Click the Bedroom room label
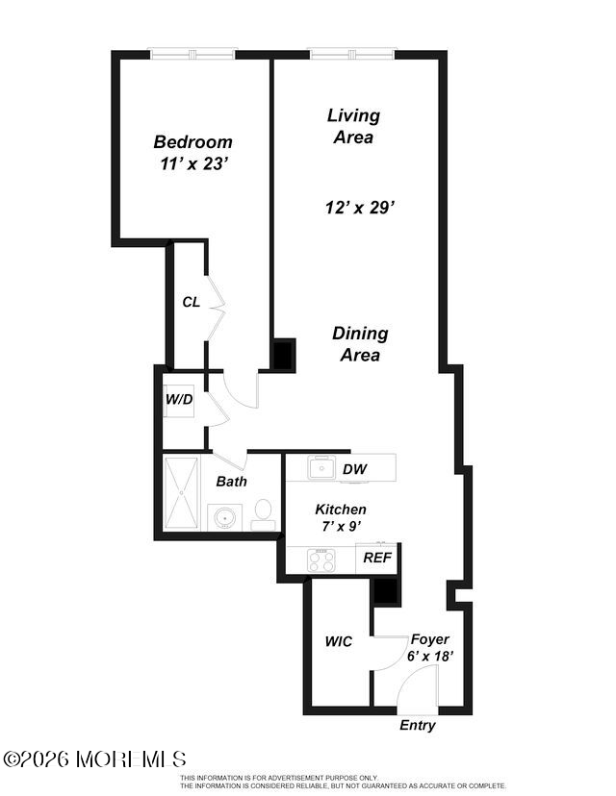coord(193,141)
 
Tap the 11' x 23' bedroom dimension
coord(193,164)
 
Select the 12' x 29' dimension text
coord(360,207)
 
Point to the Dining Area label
coord(360,343)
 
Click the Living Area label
coord(354,126)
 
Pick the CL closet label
coord(192,302)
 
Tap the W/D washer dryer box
coord(178,401)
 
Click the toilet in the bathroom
coord(264,514)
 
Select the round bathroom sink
coord(224,518)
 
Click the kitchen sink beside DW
coord(321,467)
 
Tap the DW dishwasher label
coord(355,469)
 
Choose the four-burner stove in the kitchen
coord(321,560)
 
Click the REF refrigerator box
coord(376,558)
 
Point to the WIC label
coord(339,641)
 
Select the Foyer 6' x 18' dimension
coord(430,657)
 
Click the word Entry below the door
coord(418,726)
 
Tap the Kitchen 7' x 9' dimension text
coord(342,527)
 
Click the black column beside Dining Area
coord(284,356)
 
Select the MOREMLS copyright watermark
coord(94,759)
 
